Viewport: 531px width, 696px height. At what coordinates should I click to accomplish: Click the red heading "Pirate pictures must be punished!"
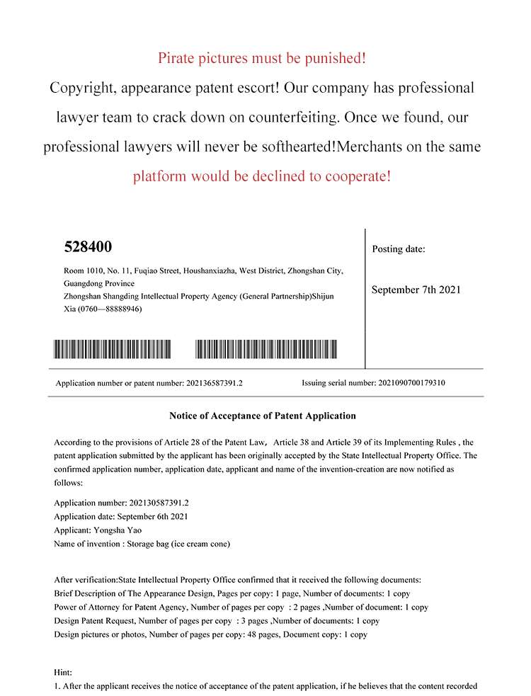[x=262, y=58]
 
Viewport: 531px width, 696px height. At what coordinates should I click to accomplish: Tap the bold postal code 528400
[x=88, y=247]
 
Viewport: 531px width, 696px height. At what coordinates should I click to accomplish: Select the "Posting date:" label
[x=399, y=249]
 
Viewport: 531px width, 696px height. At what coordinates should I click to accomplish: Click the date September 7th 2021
[x=416, y=290]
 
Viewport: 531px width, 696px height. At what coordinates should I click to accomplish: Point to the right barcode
[x=266, y=349]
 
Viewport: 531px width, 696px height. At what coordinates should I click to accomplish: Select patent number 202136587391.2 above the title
[x=215, y=383]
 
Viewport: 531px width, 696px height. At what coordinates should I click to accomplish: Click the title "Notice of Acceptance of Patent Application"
[x=263, y=416]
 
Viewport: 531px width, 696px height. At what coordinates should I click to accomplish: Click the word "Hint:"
[x=63, y=671]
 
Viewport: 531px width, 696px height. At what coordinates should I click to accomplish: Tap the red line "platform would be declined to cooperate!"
[x=261, y=176]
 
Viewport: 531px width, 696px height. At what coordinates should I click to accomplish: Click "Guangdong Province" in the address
[x=89, y=283]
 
